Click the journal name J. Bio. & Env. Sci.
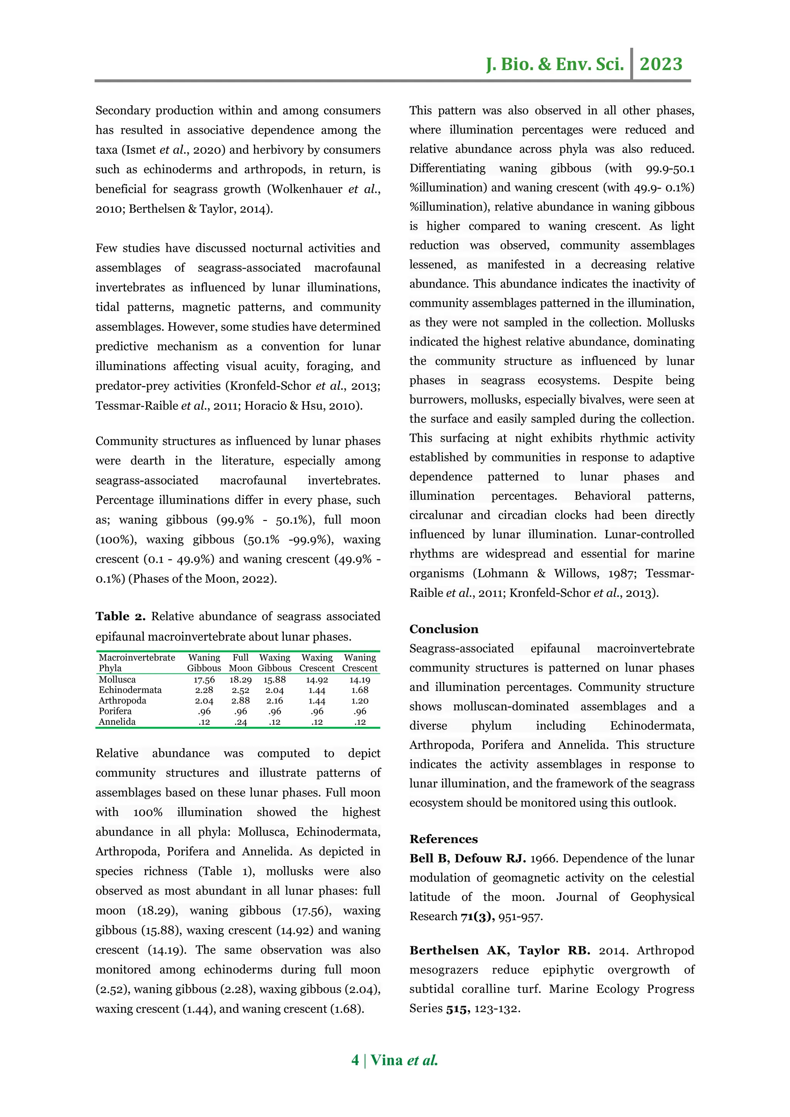(x=554, y=64)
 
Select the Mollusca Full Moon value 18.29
(x=240, y=680)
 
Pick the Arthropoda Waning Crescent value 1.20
(x=360, y=701)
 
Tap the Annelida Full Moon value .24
(x=240, y=722)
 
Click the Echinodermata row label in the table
(x=130, y=690)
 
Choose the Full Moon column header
(x=240, y=663)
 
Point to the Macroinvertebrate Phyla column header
(x=137, y=663)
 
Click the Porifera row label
(x=115, y=711)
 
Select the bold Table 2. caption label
(x=120, y=616)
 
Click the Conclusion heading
(x=444, y=629)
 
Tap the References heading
(x=444, y=839)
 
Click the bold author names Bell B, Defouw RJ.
(x=467, y=858)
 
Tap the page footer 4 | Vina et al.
(x=395, y=1060)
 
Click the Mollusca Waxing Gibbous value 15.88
(x=275, y=680)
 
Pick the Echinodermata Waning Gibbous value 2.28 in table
(x=204, y=690)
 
